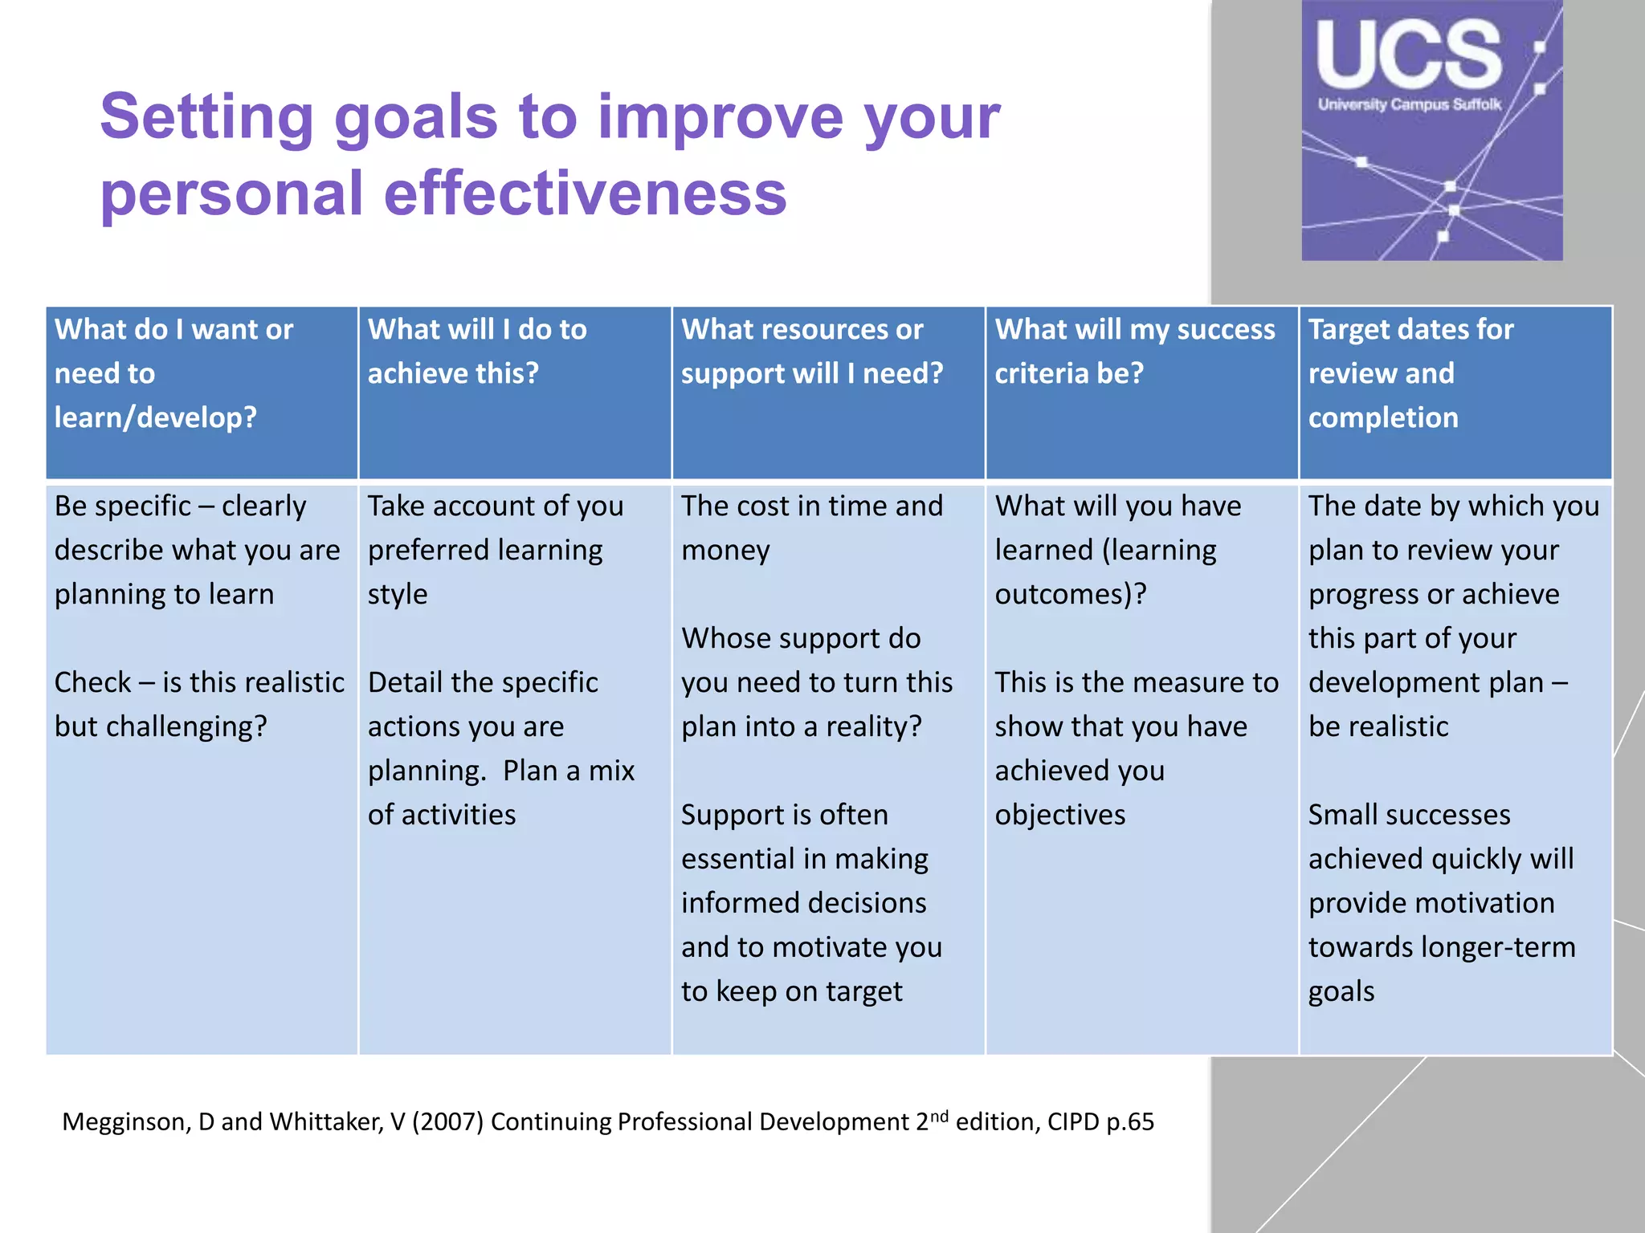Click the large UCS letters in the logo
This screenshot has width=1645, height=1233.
click(x=1409, y=55)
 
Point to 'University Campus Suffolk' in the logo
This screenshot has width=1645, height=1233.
click(x=1409, y=104)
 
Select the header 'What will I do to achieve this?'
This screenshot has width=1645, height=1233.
click(x=477, y=351)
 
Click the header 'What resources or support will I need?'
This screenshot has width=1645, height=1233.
click(x=811, y=351)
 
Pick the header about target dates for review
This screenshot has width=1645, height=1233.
click(x=1410, y=372)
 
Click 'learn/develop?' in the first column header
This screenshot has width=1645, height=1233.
click(x=155, y=417)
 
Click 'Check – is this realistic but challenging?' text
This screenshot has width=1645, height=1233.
click(x=198, y=704)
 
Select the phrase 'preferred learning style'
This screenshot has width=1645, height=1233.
click(x=484, y=571)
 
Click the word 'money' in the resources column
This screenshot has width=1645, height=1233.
click(x=725, y=551)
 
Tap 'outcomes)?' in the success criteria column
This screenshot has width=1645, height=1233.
click(x=1070, y=594)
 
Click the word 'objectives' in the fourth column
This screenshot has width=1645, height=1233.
click(x=1059, y=815)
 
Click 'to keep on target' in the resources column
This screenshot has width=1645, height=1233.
click(x=791, y=991)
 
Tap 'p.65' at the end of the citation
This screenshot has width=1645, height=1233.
click(x=1129, y=1121)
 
